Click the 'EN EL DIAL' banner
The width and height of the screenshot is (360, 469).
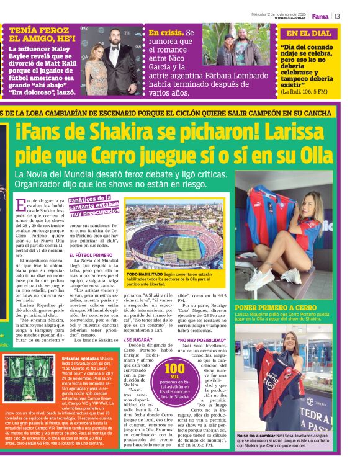pos(308,33)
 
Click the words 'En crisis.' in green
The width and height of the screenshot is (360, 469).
pos(166,32)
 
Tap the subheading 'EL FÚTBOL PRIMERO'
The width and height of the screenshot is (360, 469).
pos(91,255)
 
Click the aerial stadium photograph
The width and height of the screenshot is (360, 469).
pos(176,234)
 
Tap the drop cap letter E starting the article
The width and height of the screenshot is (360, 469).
pos(22,205)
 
